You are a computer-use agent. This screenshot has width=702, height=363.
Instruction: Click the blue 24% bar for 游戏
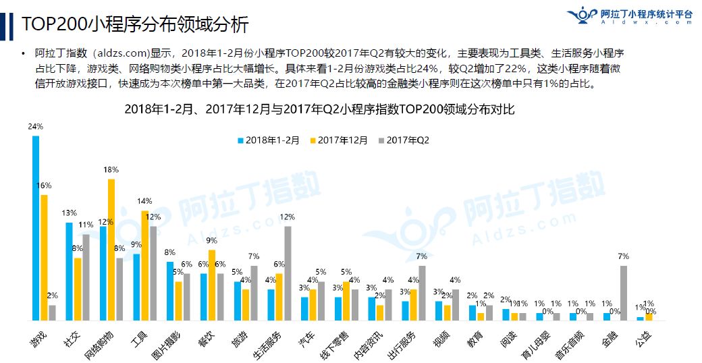click(x=36, y=228)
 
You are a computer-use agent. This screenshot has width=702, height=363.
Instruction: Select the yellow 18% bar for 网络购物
click(x=111, y=250)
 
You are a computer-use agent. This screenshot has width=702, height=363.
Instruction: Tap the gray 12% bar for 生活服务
click(x=288, y=273)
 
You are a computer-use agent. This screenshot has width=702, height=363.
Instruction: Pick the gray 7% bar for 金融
click(x=624, y=293)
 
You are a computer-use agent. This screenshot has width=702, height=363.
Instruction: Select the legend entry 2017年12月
click(x=339, y=140)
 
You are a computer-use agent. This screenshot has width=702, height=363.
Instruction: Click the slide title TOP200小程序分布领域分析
click(x=135, y=25)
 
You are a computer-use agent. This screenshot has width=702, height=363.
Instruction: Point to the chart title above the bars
click(x=319, y=109)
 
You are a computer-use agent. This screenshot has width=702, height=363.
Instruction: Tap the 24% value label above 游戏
click(x=36, y=126)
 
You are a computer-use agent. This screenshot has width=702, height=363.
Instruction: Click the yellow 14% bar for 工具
click(x=145, y=266)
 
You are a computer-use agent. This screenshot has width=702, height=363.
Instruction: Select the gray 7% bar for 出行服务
click(x=422, y=293)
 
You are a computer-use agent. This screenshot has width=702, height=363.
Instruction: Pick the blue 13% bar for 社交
click(x=69, y=271)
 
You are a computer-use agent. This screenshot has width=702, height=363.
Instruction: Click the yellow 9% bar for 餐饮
click(x=212, y=285)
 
